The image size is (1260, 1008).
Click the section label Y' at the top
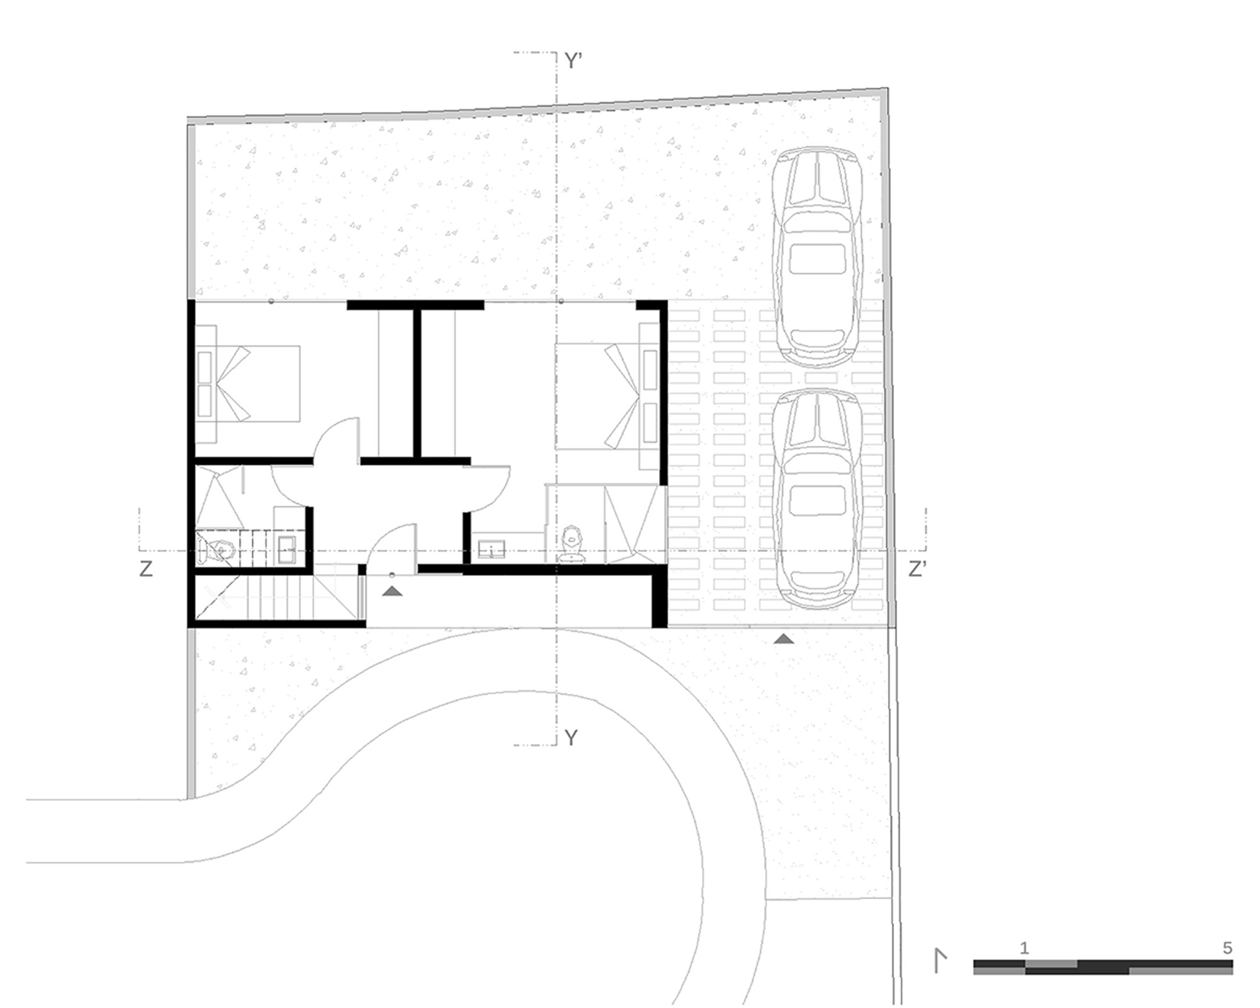572,61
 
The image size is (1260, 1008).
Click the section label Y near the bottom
571,738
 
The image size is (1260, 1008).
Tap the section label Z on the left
146,569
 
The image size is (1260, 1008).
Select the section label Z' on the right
917,569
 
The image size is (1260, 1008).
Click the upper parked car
817,258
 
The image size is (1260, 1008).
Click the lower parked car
817,500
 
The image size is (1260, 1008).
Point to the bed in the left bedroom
248,382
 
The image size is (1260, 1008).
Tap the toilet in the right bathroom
571,544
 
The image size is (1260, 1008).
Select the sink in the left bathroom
289,550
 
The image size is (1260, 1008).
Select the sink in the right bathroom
491,549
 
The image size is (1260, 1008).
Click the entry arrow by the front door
392,591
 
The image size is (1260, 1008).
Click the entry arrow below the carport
783,639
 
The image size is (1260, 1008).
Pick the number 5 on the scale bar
1227,948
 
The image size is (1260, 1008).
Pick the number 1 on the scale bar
1024,948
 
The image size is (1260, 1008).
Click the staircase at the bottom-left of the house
277,598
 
